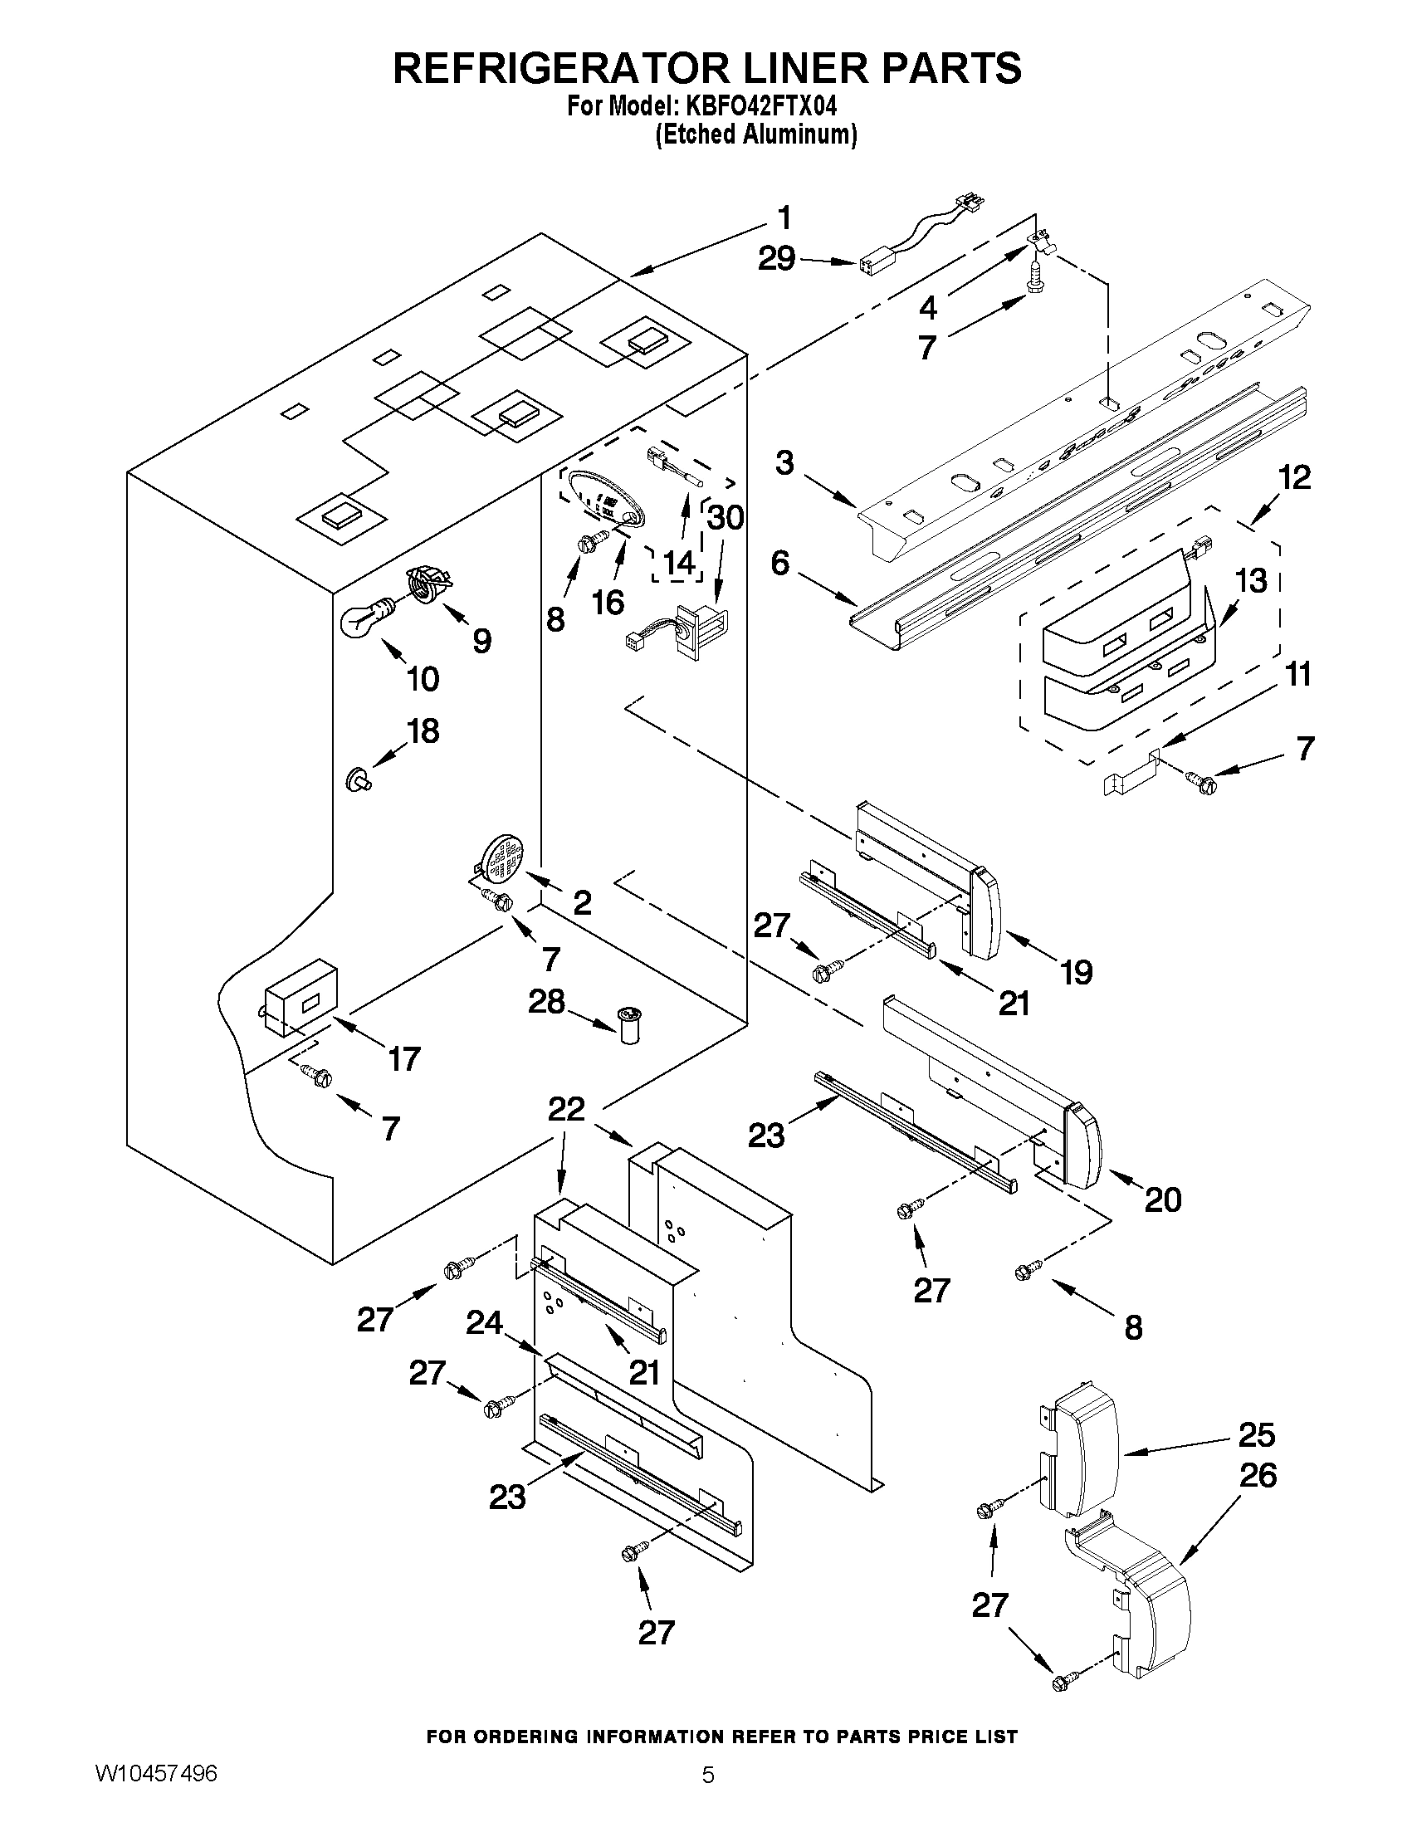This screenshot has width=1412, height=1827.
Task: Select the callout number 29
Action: tap(776, 259)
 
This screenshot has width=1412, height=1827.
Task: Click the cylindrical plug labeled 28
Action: tap(628, 1026)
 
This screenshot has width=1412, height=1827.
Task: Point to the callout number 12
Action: tap(1293, 477)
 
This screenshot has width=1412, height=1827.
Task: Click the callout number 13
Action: tap(1252, 579)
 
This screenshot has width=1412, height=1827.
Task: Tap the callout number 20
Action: tap(1163, 1200)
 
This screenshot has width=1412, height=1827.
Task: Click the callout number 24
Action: tap(484, 1322)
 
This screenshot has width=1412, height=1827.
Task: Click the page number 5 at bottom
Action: tap(708, 1797)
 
